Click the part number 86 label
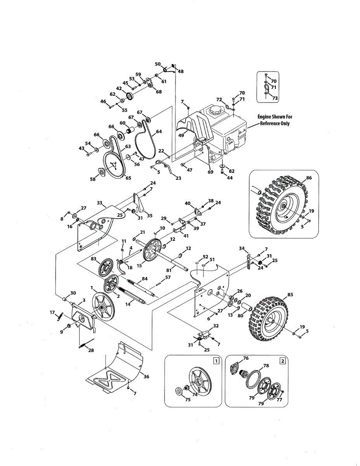coord(309,177)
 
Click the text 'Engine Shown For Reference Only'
coord(275,120)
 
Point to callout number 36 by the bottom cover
coord(146,376)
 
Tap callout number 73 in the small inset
coord(275,98)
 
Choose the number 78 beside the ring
coord(266,365)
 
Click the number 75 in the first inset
coord(188,400)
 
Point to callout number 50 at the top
coord(158,64)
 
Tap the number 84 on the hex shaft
coord(145,278)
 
